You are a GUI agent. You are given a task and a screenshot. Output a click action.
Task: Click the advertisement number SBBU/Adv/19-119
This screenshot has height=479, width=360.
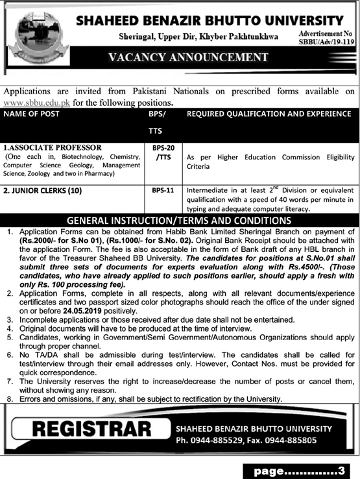pos(326,40)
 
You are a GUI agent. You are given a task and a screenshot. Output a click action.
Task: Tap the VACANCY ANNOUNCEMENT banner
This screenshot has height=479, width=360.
pos(207,58)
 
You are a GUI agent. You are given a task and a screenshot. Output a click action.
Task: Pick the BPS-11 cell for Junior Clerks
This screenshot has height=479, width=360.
pos(158,192)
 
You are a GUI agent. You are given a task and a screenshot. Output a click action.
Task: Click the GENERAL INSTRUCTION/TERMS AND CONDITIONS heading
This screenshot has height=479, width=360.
pos(180,220)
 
